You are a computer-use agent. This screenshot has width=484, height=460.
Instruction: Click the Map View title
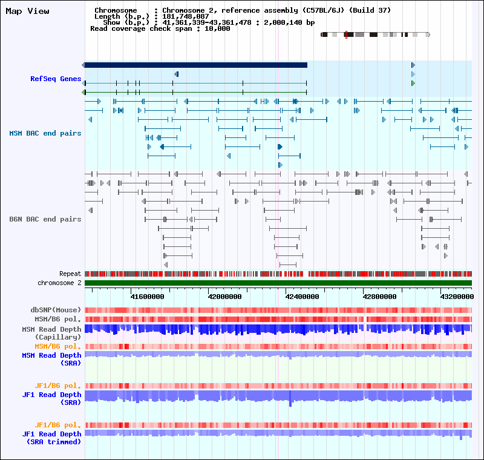pos(27,11)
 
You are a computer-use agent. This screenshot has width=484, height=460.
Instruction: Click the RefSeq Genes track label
pos(56,79)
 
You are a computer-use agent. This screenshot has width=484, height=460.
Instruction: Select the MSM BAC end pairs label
pos(45,133)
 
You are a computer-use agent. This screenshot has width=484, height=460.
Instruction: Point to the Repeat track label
pos(70,274)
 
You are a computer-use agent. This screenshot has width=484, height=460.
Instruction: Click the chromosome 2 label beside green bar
pos(59,283)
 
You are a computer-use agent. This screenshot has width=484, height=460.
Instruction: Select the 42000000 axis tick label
pos(225,297)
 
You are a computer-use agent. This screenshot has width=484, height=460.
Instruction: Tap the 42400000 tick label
pos(302,297)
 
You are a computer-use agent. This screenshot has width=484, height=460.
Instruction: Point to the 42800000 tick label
pos(380,297)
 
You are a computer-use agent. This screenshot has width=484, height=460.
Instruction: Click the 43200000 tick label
pos(457,297)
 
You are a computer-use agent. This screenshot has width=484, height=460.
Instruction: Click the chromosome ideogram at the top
pos(375,35)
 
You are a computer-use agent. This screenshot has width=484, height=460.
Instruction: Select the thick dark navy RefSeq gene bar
pos(195,65)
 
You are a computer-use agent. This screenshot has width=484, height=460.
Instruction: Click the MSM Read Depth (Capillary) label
pos(51,333)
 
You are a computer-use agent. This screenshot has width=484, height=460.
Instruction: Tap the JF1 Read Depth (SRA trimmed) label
pos(51,438)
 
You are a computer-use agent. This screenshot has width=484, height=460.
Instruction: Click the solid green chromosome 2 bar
pos(278,283)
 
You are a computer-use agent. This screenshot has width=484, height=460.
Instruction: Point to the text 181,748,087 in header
pos(186,16)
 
